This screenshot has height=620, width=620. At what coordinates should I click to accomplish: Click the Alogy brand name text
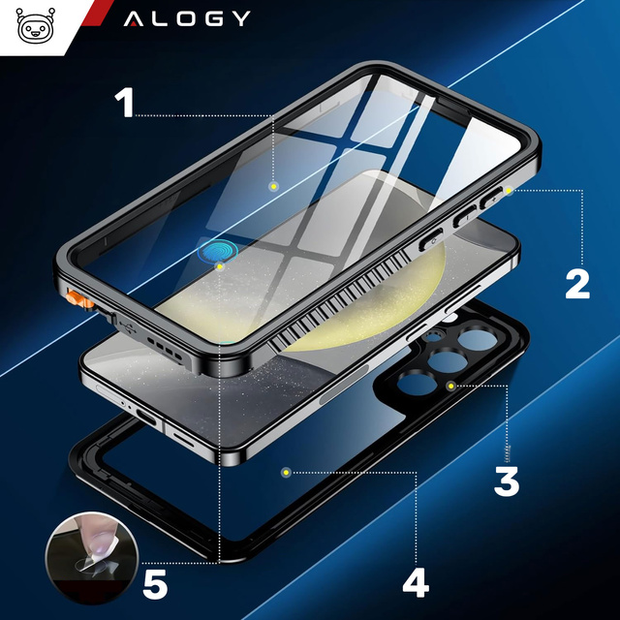tap(187, 18)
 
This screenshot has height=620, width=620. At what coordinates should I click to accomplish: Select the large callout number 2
tap(577, 283)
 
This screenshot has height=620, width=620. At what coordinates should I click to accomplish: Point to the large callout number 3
tap(508, 480)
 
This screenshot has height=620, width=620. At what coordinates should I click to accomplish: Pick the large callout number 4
tap(415, 582)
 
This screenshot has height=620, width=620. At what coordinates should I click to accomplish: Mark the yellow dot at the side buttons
tap(507, 191)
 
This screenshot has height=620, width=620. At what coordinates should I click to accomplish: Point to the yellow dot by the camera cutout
tap(449, 386)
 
